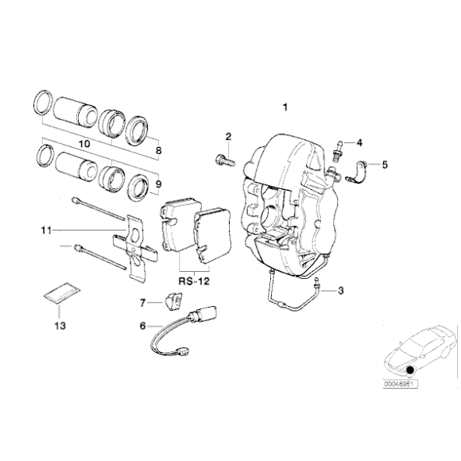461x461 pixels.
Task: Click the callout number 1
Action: (x=286, y=106)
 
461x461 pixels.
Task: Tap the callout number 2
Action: (x=227, y=137)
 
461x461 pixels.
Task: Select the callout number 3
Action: (x=340, y=292)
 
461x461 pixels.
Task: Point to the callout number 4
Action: (x=358, y=143)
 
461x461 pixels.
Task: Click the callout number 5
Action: (x=385, y=165)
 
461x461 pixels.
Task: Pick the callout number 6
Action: (x=143, y=325)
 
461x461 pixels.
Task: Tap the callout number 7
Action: (x=143, y=303)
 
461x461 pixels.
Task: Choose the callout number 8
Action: (x=158, y=149)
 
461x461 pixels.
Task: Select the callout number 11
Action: (x=46, y=230)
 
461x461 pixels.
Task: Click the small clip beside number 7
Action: (x=169, y=300)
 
